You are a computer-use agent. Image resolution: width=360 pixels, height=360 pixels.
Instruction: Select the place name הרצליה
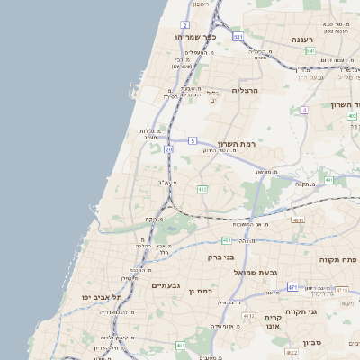(x=245, y=90)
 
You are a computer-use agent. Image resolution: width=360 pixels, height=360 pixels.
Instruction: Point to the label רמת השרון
(x=238, y=143)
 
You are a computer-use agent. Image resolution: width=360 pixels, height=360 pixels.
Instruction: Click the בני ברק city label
(x=220, y=256)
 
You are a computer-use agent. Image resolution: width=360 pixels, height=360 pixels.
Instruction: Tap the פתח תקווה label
(x=337, y=259)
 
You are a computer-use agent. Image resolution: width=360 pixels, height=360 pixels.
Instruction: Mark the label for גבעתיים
(x=166, y=285)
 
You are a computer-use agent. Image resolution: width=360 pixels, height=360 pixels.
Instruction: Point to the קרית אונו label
(x=274, y=322)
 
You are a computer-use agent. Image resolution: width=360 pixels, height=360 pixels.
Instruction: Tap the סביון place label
(x=312, y=342)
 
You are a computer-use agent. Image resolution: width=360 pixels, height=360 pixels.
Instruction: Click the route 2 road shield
(x=185, y=25)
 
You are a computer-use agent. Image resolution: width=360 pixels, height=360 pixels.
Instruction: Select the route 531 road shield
(x=238, y=37)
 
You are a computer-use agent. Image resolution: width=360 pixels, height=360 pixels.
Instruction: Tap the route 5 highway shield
(x=193, y=140)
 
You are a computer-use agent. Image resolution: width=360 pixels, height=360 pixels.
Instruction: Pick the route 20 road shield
(x=168, y=149)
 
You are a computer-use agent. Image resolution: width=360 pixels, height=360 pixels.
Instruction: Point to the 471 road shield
(x=292, y=287)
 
